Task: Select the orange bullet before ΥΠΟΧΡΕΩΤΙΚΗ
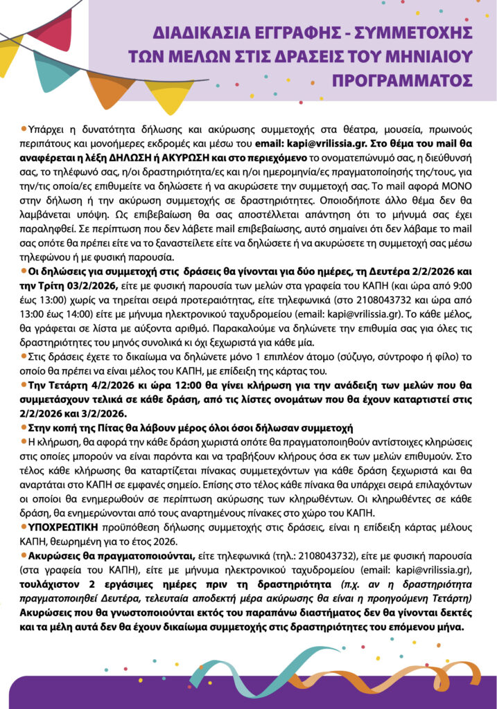(24, 526)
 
